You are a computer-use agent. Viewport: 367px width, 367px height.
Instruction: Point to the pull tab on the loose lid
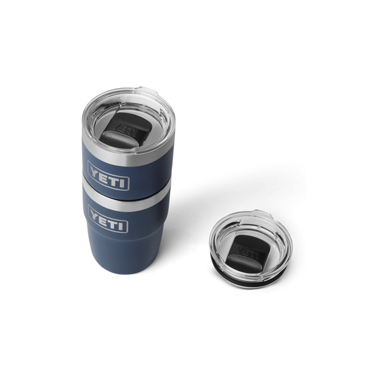point(271,219)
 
